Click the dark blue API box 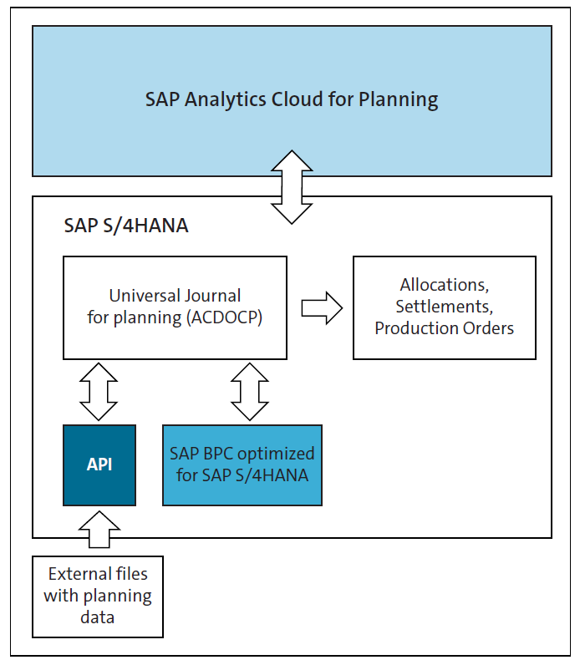click(x=99, y=464)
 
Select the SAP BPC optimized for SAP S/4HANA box click(x=242, y=464)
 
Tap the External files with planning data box click(x=98, y=596)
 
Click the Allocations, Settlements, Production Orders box click(x=444, y=307)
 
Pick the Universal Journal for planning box click(x=175, y=307)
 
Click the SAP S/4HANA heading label click(x=126, y=226)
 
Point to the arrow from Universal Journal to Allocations click(x=321, y=307)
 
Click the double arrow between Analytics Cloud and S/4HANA click(x=291, y=187)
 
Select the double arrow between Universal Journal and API click(x=99, y=391)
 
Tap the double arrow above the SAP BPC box click(x=248, y=391)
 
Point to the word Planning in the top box click(x=398, y=100)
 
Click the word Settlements click(x=444, y=307)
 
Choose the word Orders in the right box click(x=491, y=328)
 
